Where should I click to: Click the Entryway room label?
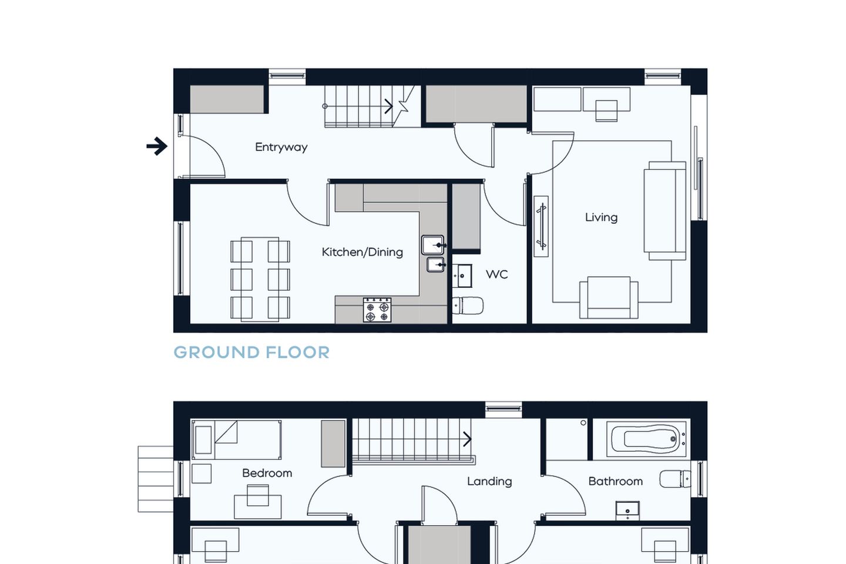pos(281,147)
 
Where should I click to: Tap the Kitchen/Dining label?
pos(362,251)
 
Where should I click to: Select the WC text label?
pos(496,274)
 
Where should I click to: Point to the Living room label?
pos(601,217)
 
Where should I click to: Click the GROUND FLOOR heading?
pos(251,352)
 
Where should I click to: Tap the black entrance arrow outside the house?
pos(157,146)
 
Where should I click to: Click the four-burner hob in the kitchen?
pos(377,310)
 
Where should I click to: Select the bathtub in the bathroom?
pos(646,439)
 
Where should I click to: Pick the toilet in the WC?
pos(468,305)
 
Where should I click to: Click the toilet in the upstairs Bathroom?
pos(675,479)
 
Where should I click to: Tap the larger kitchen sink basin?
pos(433,245)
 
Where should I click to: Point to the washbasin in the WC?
pos(462,276)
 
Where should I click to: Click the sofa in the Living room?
pos(664,211)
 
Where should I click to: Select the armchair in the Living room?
pos(609,297)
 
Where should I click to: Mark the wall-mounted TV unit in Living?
pos(541,226)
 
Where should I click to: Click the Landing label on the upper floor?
pos(489,481)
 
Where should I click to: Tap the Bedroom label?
pos(267,473)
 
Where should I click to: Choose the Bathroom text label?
pos(616,481)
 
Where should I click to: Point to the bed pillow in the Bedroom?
pos(203,439)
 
